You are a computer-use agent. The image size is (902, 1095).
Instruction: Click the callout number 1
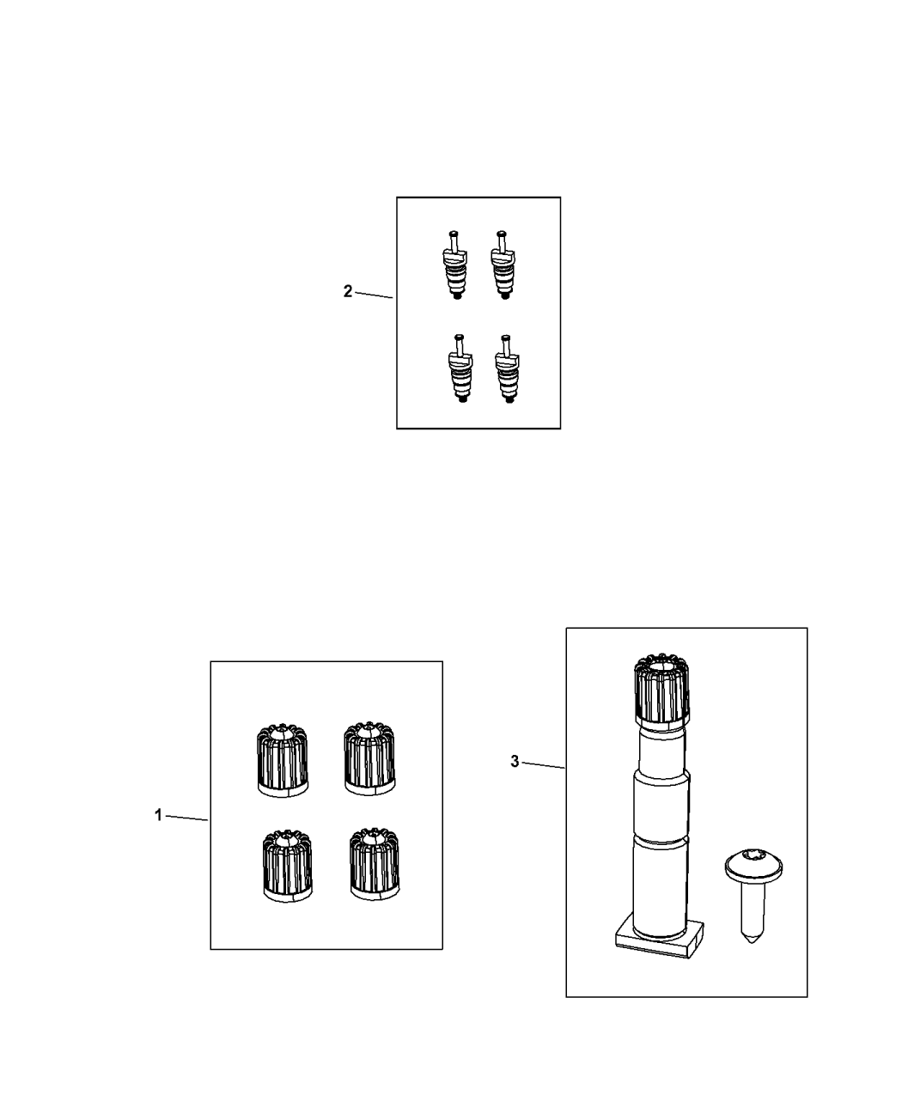click(x=158, y=815)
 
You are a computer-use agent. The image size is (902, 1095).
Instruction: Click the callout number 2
click(x=348, y=291)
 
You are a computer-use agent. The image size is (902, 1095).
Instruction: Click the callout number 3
click(x=515, y=761)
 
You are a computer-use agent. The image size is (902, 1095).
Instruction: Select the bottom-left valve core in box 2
click(x=460, y=368)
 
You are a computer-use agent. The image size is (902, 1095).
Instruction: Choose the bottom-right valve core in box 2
click(x=507, y=369)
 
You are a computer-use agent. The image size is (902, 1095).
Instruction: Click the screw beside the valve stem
click(x=753, y=897)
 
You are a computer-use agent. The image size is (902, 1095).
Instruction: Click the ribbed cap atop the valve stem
click(x=661, y=689)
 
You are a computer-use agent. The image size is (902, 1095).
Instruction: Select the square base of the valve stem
click(x=660, y=940)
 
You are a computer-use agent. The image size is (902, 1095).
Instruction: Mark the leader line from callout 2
click(x=375, y=295)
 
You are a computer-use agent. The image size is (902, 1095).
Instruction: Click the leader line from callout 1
click(x=186, y=818)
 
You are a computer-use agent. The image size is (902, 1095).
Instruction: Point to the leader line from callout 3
click(x=544, y=765)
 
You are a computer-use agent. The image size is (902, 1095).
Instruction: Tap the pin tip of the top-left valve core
click(x=454, y=233)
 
